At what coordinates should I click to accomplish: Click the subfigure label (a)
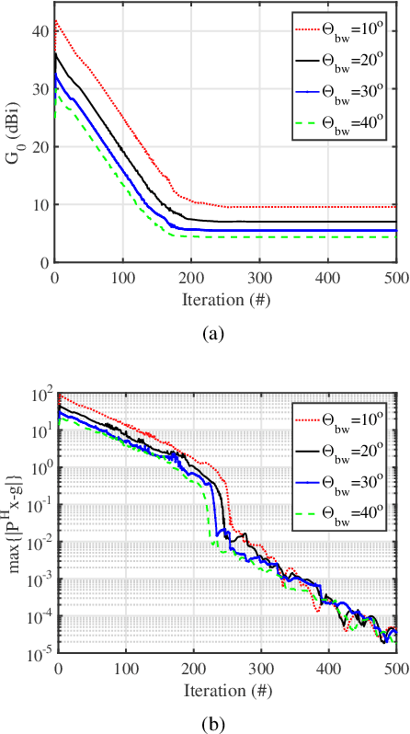213,334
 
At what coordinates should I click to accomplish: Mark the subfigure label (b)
213,722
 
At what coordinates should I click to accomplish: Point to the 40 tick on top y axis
39,32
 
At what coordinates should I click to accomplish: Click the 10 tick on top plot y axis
39,205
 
